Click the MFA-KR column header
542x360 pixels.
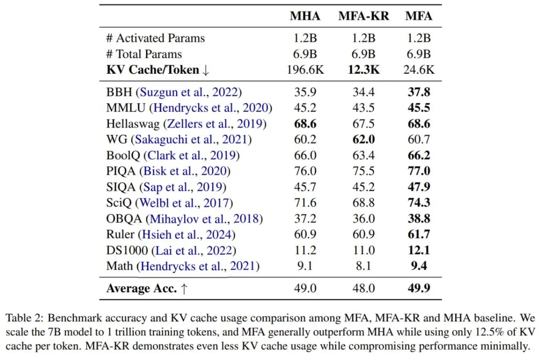(363, 16)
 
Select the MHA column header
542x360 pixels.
(305, 16)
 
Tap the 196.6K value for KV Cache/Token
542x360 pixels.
(305, 70)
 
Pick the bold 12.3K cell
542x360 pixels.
(363, 70)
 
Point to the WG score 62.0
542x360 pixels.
(363, 140)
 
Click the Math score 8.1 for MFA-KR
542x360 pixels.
(363, 266)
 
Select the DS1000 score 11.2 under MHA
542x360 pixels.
(305, 250)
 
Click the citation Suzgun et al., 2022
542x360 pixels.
(191, 92)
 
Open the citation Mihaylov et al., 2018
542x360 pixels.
(204, 218)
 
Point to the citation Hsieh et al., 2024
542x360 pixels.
(189, 234)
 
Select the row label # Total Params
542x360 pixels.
(144, 54)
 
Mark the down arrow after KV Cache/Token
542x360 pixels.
(206, 70)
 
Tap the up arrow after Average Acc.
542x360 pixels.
(184, 289)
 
